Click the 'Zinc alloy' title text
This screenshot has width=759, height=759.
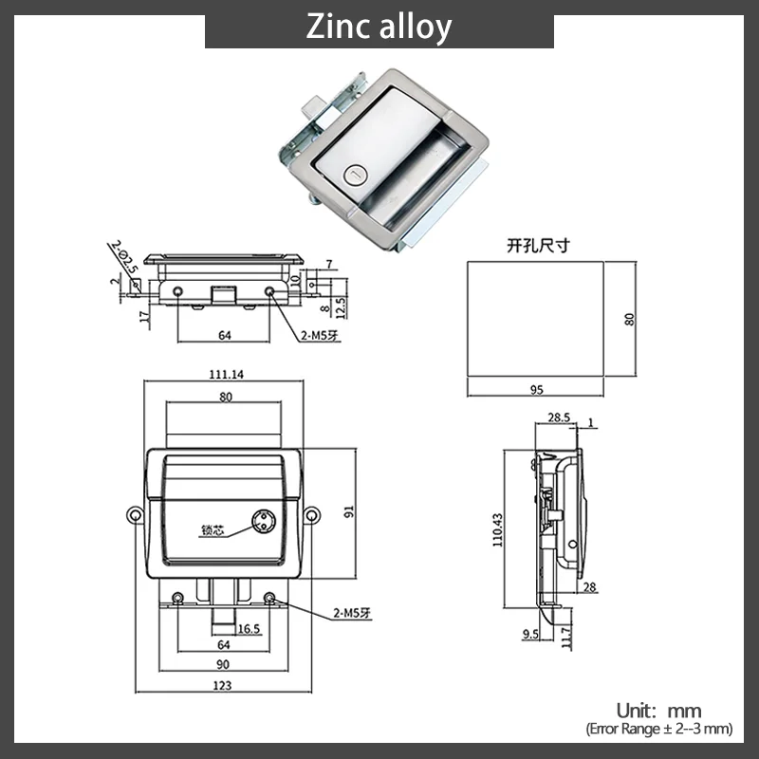point(379,28)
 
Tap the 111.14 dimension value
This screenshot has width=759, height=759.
point(226,374)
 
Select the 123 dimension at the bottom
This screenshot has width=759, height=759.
point(222,685)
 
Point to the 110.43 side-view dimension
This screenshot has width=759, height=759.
point(497,530)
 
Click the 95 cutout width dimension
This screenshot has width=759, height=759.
point(536,390)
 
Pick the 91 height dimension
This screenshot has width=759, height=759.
point(349,511)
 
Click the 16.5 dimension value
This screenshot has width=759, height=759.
point(249,629)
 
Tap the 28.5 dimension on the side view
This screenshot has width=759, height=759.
point(559,417)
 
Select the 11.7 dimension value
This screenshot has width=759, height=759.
point(566,637)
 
